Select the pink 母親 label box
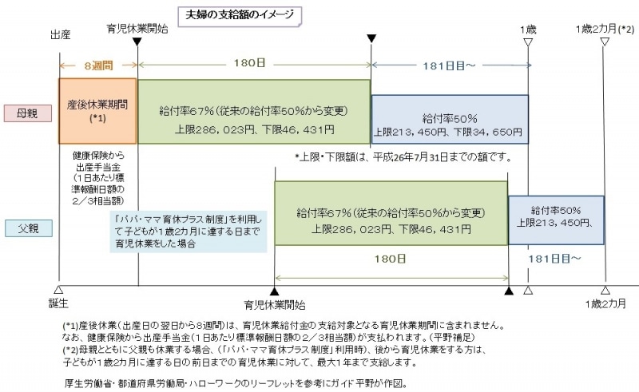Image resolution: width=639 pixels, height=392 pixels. (x=23, y=112)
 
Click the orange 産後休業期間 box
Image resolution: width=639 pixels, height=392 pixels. (x=97, y=109)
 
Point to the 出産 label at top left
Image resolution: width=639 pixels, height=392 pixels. (x=62, y=36)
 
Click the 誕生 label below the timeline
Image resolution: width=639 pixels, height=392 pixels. (x=61, y=304)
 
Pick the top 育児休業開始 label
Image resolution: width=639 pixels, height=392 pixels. (x=137, y=30)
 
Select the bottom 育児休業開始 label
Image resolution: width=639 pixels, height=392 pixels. (x=275, y=304)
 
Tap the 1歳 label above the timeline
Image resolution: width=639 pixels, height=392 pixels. (x=528, y=30)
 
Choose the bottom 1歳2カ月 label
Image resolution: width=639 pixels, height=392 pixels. (x=605, y=304)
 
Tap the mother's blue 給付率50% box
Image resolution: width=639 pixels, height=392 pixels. (x=450, y=119)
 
